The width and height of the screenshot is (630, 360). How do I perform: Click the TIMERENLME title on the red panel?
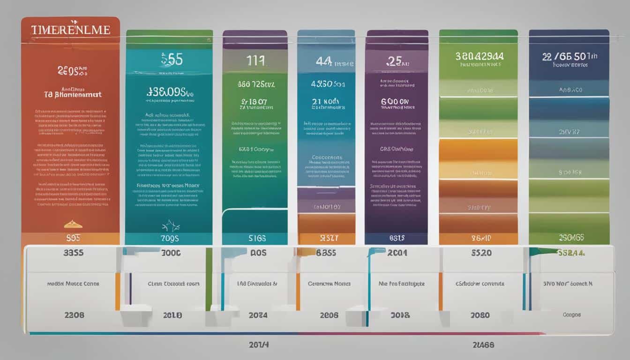click(71, 30)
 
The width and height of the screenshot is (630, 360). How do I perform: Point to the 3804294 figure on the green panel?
click(478, 56)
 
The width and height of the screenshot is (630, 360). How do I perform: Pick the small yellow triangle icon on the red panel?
click(70, 224)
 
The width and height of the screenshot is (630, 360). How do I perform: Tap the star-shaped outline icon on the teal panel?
click(171, 226)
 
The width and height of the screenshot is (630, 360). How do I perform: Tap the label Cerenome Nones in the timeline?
click(329, 284)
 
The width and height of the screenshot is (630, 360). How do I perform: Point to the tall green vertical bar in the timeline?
click(209, 279)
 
